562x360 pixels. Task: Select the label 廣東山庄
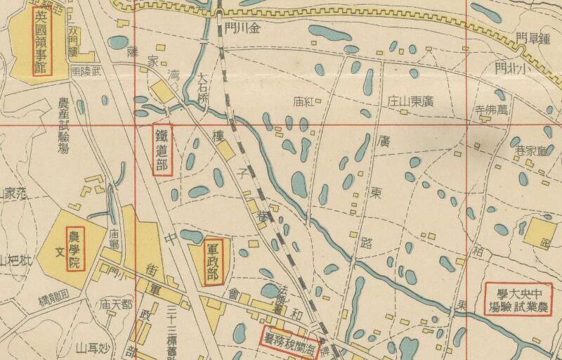tap(410, 101)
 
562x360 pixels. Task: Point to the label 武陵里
tap(87, 72)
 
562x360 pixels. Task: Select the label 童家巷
tap(530, 150)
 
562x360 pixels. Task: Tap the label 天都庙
tap(116, 304)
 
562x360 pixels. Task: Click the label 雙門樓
tap(74, 43)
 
